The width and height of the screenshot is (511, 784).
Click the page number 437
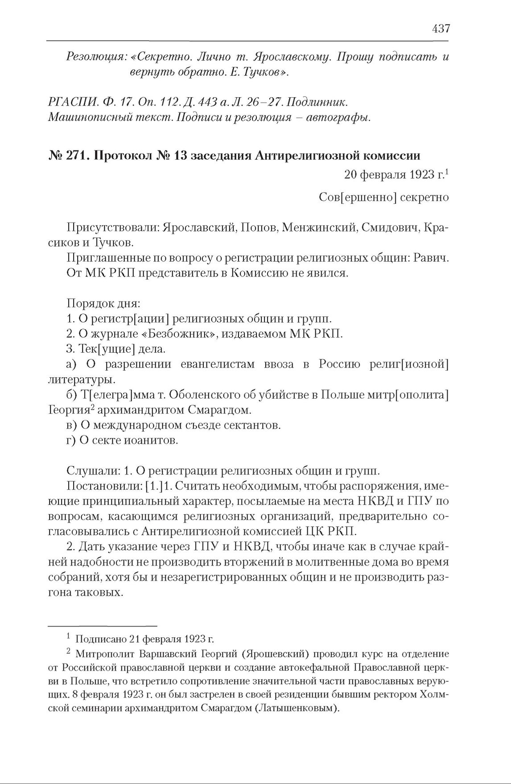[x=441, y=29]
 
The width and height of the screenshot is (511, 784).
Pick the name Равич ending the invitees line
[x=434, y=258]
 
